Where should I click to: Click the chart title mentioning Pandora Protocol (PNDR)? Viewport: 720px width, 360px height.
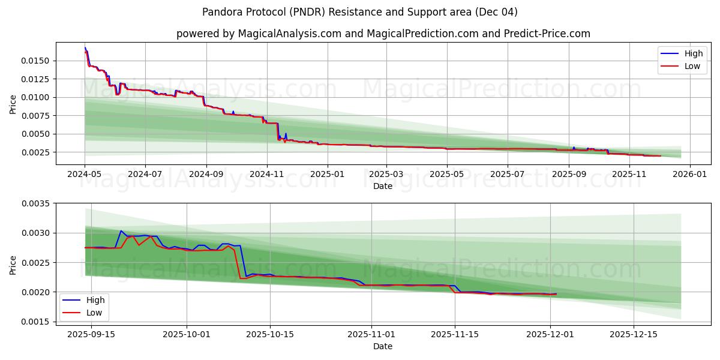pyautogui.click(x=359, y=12)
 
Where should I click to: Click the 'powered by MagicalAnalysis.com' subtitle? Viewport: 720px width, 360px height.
pyautogui.click(x=383, y=34)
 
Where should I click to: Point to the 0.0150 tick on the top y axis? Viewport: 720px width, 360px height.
pyautogui.click(x=37, y=61)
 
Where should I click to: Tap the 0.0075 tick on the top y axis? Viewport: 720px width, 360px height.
pyautogui.click(x=37, y=115)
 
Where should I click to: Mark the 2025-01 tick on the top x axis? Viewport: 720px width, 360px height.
pyautogui.click(x=328, y=173)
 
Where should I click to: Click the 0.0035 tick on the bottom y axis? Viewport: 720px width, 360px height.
pyautogui.click(x=37, y=203)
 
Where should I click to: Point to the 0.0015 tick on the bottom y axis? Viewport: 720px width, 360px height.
pyautogui.click(x=37, y=322)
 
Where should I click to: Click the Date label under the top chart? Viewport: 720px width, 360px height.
pyautogui.click(x=383, y=186)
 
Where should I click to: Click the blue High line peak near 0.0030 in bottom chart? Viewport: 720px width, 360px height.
pyautogui.click(x=121, y=230)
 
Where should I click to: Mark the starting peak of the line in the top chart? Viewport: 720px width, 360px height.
pyautogui.click(x=85, y=47)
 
